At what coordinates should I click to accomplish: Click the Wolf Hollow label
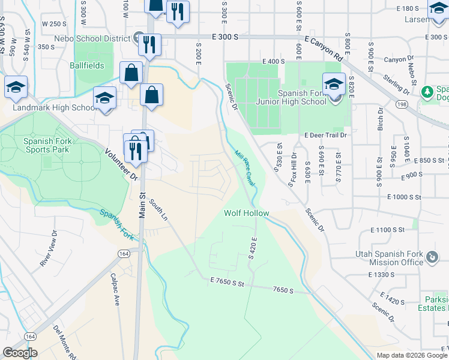pyautogui.click(x=246, y=213)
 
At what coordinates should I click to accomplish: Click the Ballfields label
pyautogui.click(x=86, y=65)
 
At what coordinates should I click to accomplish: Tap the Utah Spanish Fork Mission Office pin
pyautogui.click(x=431, y=257)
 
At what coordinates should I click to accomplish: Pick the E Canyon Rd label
pyautogui.click(x=324, y=49)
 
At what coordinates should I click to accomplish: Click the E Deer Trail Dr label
pyautogui.click(x=325, y=136)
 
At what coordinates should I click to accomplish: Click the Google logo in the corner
pyautogui.click(x=20, y=352)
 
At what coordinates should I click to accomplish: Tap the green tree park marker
pyautogui.click(x=427, y=92)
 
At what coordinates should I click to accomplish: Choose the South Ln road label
pyautogui.click(x=158, y=210)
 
